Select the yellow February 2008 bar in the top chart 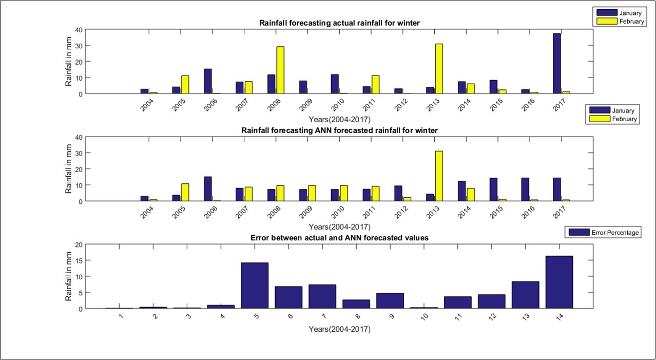click(280, 70)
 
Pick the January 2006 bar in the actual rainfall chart click(208, 81)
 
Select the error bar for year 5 click(255, 286)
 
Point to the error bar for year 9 click(390, 300)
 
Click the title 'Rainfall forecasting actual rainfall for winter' click(339, 23)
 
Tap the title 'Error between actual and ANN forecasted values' click(339, 238)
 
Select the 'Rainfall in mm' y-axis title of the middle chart click(69, 169)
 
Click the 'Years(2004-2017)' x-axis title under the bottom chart click(339, 329)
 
